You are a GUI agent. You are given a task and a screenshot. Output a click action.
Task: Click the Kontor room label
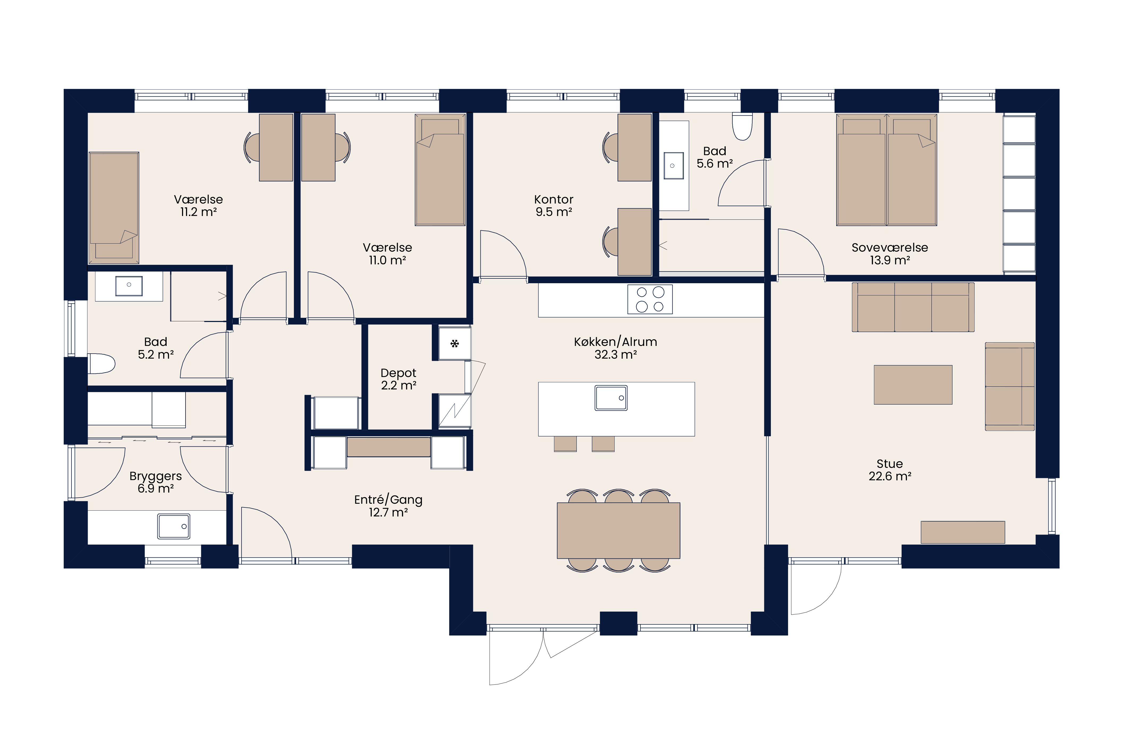[553, 199]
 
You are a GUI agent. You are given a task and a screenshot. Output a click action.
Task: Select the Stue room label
[890, 464]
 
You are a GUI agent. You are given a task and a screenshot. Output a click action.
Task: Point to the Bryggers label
[155, 476]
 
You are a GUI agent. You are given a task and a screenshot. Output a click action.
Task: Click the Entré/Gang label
[388, 500]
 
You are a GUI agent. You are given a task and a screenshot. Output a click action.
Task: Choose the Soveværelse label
[890, 248]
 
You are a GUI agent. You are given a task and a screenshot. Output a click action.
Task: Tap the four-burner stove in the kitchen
[650, 299]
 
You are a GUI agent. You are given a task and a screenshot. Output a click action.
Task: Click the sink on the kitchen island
[611, 398]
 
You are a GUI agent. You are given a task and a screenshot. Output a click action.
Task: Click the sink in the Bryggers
[174, 526]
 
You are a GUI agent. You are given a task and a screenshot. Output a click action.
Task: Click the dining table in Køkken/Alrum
[618, 530]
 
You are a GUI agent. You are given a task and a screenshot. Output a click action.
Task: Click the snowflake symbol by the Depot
[454, 343]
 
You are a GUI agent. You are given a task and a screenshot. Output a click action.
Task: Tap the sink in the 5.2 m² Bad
[129, 286]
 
